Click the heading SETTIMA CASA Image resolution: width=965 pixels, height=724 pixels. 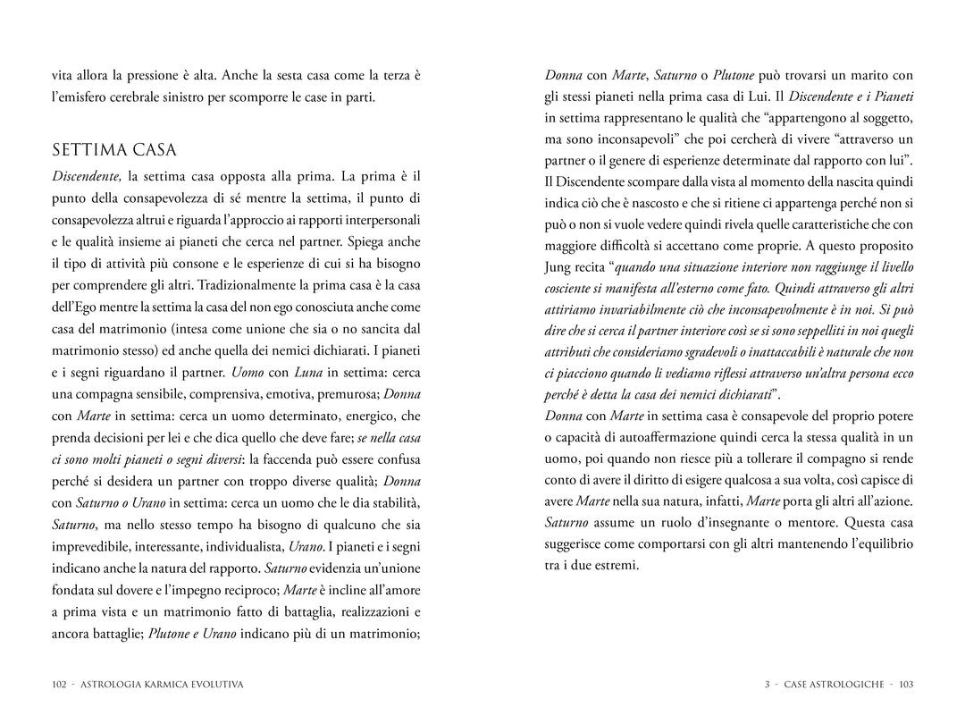pos(114,148)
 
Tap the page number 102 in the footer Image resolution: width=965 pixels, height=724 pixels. pos(60,685)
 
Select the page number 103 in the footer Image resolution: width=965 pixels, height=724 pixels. pos(906,685)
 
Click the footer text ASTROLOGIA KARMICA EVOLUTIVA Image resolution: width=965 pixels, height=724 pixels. pos(162,685)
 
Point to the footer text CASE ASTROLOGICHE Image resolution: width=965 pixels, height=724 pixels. pos(836,685)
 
